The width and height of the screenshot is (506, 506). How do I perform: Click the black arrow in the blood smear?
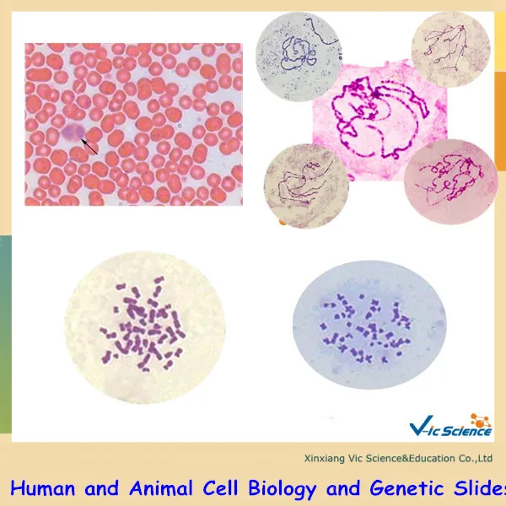(89, 146)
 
